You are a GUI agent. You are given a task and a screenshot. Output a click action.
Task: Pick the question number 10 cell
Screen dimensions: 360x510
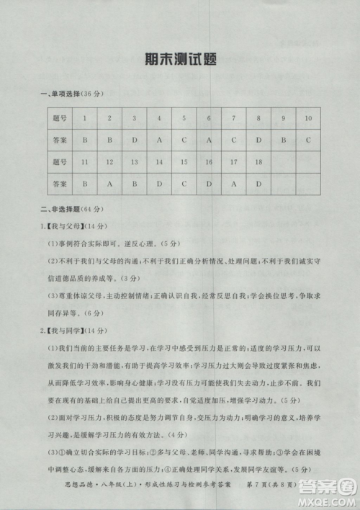tap(308, 117)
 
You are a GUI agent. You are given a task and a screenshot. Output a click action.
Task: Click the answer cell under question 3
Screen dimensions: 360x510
tap(134, 139)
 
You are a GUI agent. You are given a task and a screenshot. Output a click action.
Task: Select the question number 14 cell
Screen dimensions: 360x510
tap(159, 162)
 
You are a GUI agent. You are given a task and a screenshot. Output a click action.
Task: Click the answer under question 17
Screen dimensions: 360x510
tap(233, 184)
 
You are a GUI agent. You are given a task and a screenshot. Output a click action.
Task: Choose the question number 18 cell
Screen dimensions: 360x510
tap(258, 162)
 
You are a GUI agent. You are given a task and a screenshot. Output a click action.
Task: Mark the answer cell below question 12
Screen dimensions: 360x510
tap(109, 184)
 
